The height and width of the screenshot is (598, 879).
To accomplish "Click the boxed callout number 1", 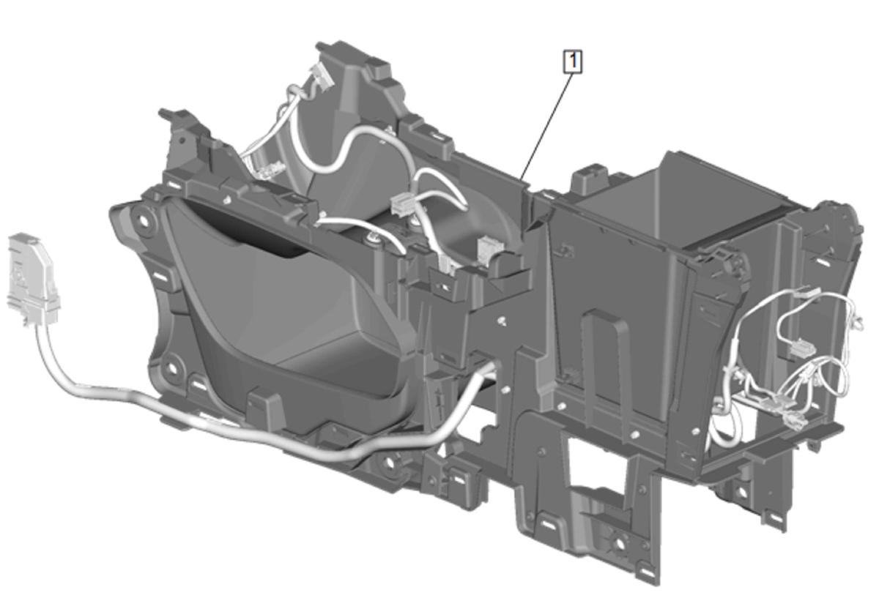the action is (x=573, y=61).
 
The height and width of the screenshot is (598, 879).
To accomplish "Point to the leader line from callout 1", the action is (x=546, y=127).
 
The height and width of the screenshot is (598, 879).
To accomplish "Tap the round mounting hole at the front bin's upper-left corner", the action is (x=144, y=220).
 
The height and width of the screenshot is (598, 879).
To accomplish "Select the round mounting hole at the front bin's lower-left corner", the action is (x=171, y=369).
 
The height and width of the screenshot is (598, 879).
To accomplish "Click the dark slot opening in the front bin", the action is (x=251, y=235).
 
